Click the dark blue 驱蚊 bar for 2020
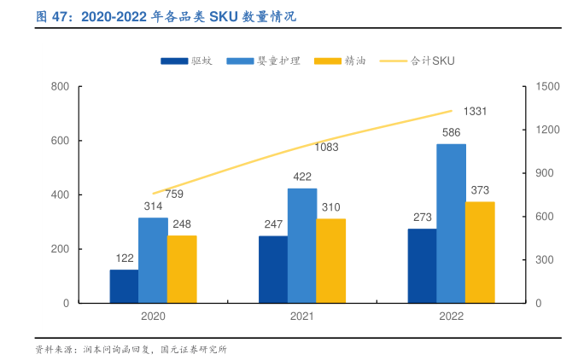tap(124, 286)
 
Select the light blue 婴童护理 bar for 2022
tap(451, 224)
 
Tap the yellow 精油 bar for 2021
tap(331, 260)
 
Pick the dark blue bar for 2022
tap(422, 265)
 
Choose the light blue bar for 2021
tap(301, 246)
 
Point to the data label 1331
tap(475, 112)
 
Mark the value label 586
tap(451, 132)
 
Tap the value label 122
tap(124, 258)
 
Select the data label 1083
tap(326, 147)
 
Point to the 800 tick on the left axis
tap(60, 87)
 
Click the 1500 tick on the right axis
tap(546, 87)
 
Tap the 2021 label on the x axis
tap(301, 316)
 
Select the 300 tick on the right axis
tap(544, 259)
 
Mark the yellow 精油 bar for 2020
tap(182, 269)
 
